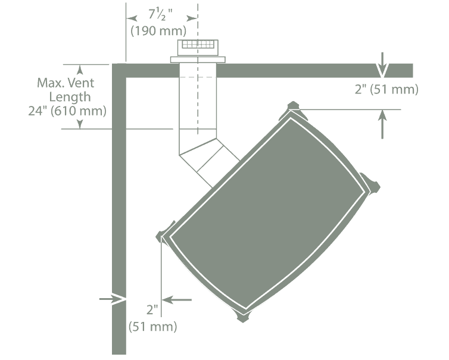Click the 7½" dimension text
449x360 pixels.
coord(160,15)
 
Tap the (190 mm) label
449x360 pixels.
coord(158,31)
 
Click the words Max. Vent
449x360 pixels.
coord(66,83)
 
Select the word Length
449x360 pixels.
coord(70,98)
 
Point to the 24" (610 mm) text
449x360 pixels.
coord(67,111)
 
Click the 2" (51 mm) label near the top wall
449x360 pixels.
coord(386,90)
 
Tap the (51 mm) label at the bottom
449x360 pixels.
coord(152,327)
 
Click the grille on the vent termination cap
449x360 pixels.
coord(198,45)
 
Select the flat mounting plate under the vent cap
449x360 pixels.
coord(198,60)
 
